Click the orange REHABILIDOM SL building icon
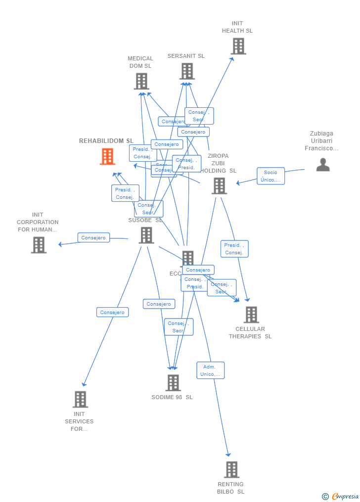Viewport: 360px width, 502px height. pyautogui.click(x=107, y=156)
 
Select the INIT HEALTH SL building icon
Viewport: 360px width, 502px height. pyautogui.click(x=238, y=46)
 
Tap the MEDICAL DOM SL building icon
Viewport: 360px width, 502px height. pyautogui.click(x=141, y=81)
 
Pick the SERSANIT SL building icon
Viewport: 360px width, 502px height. pyautogui.click(x=187, y=71)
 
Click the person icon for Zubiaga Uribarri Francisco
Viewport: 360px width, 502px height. pyautogui.click(x=323, y=165)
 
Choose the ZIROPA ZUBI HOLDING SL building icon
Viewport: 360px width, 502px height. pyautogui.click(x=219, y=186)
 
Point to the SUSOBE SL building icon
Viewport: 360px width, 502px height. pyautogui.click(x=146, y=235)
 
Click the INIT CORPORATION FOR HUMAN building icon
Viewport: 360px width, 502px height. pyautogui.click(x=39, y=245)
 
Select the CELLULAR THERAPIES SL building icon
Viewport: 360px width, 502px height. pyautogui.click(x=251, y=315)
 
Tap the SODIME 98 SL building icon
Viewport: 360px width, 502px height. pyautogui.click(x=173, y=383)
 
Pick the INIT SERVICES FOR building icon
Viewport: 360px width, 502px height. pyautogui.click(x=80, y=399)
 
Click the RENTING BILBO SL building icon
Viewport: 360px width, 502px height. pyautogui.click(x=231, y=469)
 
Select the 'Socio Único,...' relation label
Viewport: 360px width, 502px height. pyautogui.click(x=270, y=176)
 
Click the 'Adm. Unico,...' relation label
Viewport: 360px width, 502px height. pyautogui.click(x=210, y=370)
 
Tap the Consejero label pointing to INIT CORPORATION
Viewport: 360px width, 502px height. pyautogui.click(x=93, y=238)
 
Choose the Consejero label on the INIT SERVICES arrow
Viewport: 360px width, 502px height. pyautogui.click(x=112, y=312)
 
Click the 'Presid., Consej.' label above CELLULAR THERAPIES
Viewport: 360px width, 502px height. pyautogui.click(x=234, y=249)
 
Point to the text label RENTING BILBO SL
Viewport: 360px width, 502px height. pyautogui.click(x=230, y=488)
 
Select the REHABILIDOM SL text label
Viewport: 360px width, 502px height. pyautogui.click(x=106, y=141)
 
